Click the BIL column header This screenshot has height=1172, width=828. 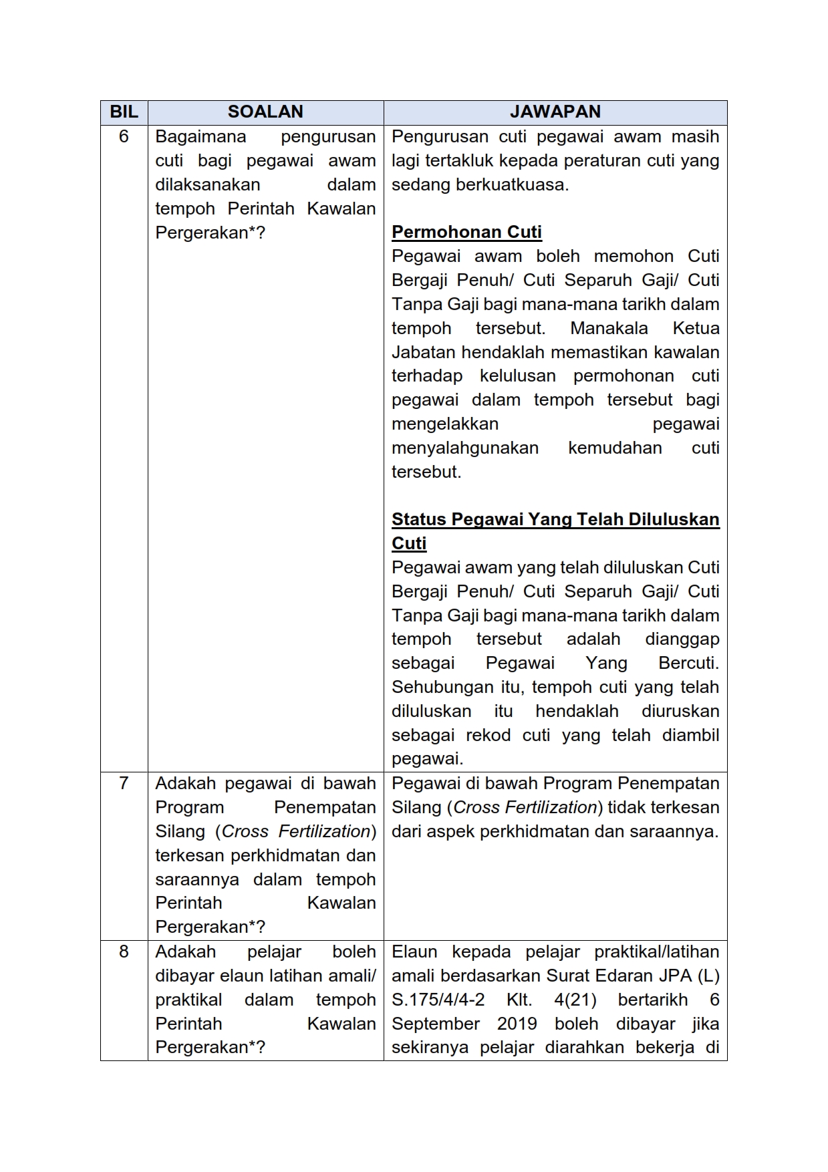124,112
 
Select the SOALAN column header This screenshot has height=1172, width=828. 265,112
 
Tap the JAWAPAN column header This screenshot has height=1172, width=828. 555,112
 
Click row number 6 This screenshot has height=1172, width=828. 124,137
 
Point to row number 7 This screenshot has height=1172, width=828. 124,783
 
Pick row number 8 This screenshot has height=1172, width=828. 124,951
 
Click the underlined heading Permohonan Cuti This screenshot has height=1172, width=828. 466,233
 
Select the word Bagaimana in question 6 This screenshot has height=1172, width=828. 200,137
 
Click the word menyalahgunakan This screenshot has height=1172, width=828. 465,448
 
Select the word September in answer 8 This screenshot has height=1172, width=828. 436,1024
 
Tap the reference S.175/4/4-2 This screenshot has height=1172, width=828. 438,1000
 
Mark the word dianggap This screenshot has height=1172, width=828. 682,639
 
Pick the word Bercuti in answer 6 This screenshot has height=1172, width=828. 688,664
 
